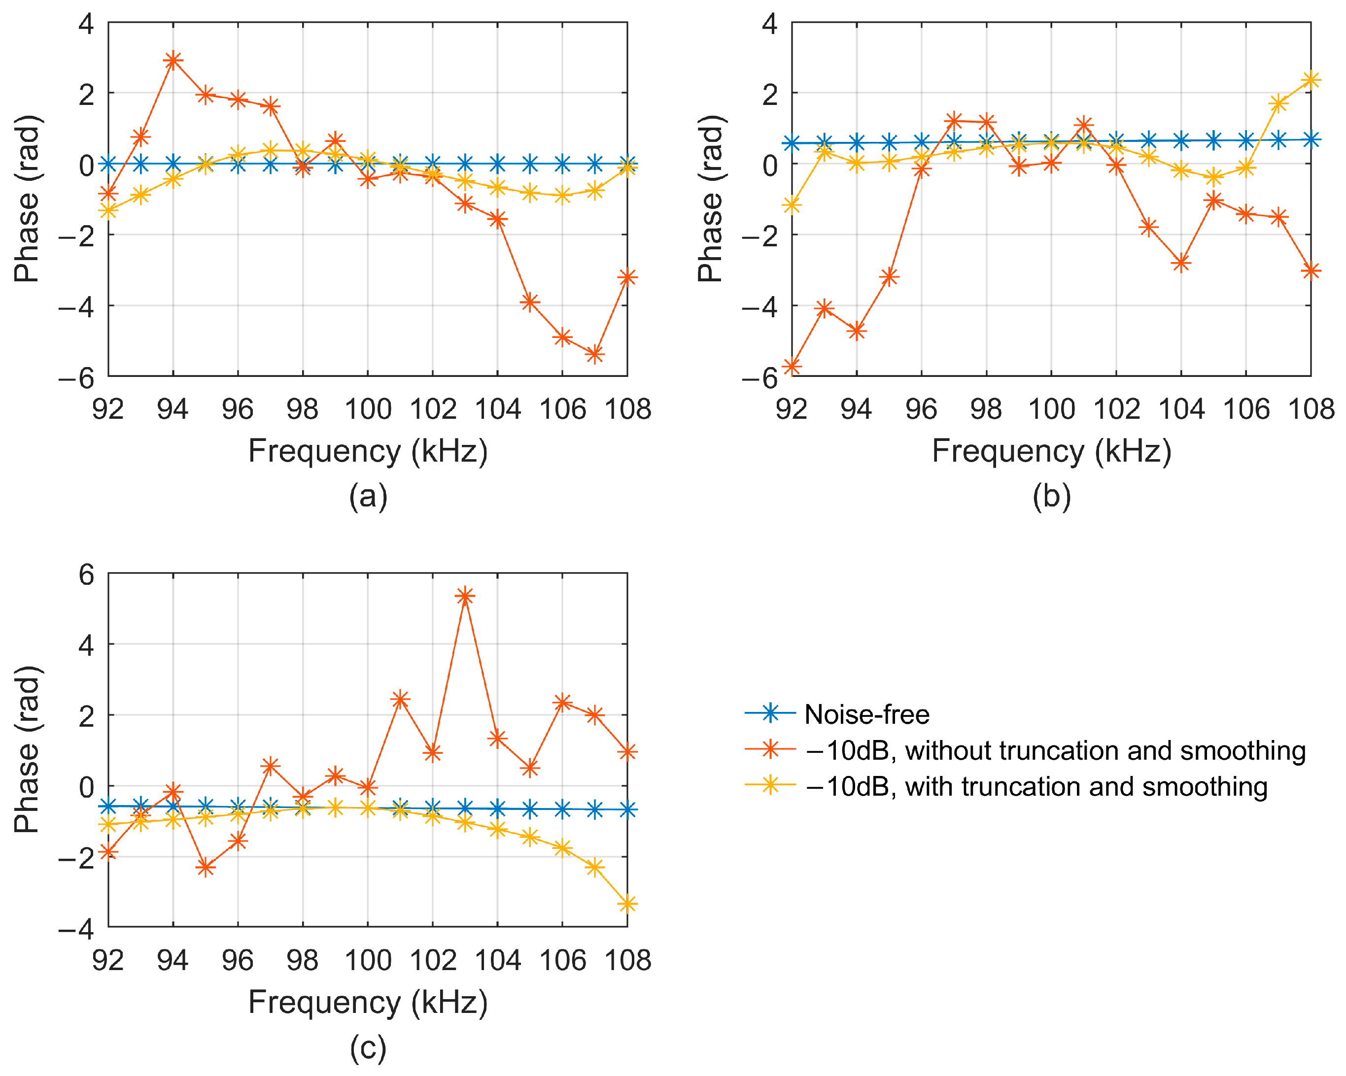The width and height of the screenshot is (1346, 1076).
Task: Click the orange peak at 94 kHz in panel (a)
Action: [x=173, y=61]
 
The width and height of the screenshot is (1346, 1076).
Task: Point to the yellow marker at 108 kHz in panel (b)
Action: [x=1311, y=80]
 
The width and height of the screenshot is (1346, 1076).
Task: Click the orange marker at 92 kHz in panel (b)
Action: [x=792, y=367]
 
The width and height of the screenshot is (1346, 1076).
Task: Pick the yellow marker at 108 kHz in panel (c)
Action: [x=627, y=904]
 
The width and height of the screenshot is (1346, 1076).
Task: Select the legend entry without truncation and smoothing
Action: [x=1055, y=751]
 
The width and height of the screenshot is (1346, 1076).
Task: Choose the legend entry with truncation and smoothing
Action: [x=1036, y=787]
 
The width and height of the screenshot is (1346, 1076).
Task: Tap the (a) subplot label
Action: [x=368, y=496]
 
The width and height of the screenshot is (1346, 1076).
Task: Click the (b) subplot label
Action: [x=1052, y=496]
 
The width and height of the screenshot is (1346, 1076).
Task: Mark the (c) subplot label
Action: [x=368, y=1048]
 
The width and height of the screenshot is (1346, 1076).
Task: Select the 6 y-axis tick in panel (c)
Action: [x=86, y=575]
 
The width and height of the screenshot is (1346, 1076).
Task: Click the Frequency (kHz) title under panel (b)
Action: [x=1052, y=451]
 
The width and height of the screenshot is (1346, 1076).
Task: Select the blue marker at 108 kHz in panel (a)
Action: [x=627, y=164]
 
